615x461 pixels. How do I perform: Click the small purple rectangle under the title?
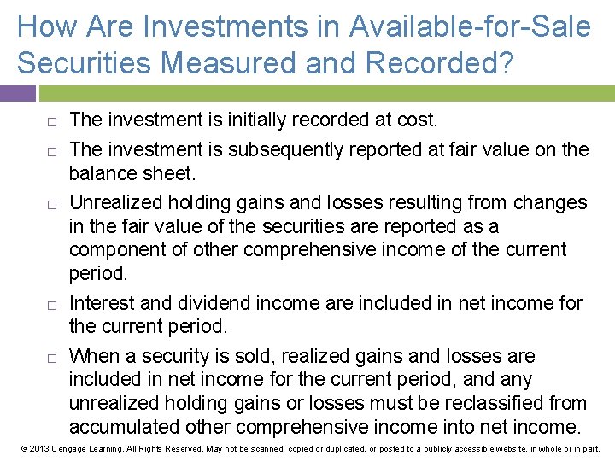click(18, 93)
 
